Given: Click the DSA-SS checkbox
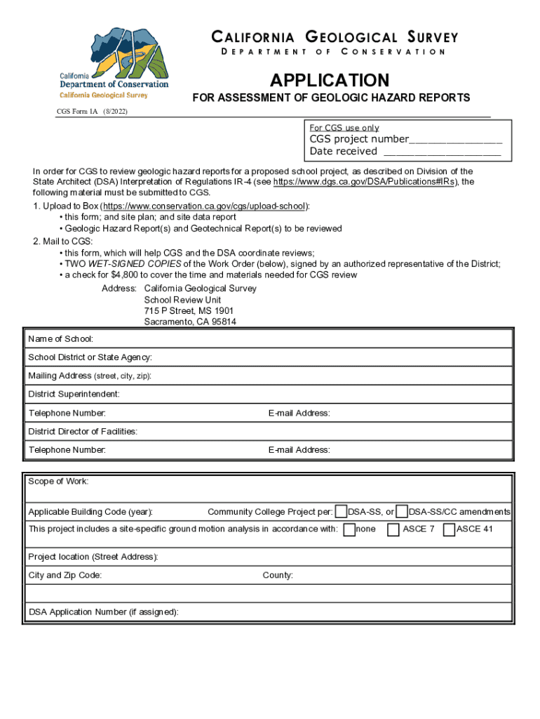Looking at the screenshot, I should click(341, 512).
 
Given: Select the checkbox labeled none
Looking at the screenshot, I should click(349, 529).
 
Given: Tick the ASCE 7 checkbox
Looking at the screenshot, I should click(393, 529).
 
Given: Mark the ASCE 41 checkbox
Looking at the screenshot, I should click(449, 529).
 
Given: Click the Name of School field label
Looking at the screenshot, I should click(60, 339).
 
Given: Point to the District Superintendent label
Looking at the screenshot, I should click(74, 394).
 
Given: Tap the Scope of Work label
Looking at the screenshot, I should click(58, 482).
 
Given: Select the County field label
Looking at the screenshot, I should click(278, 576).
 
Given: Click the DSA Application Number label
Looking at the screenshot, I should click(103, 612).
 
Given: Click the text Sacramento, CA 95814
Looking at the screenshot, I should click(190, 322).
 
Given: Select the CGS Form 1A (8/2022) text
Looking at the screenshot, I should click(92, 112).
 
